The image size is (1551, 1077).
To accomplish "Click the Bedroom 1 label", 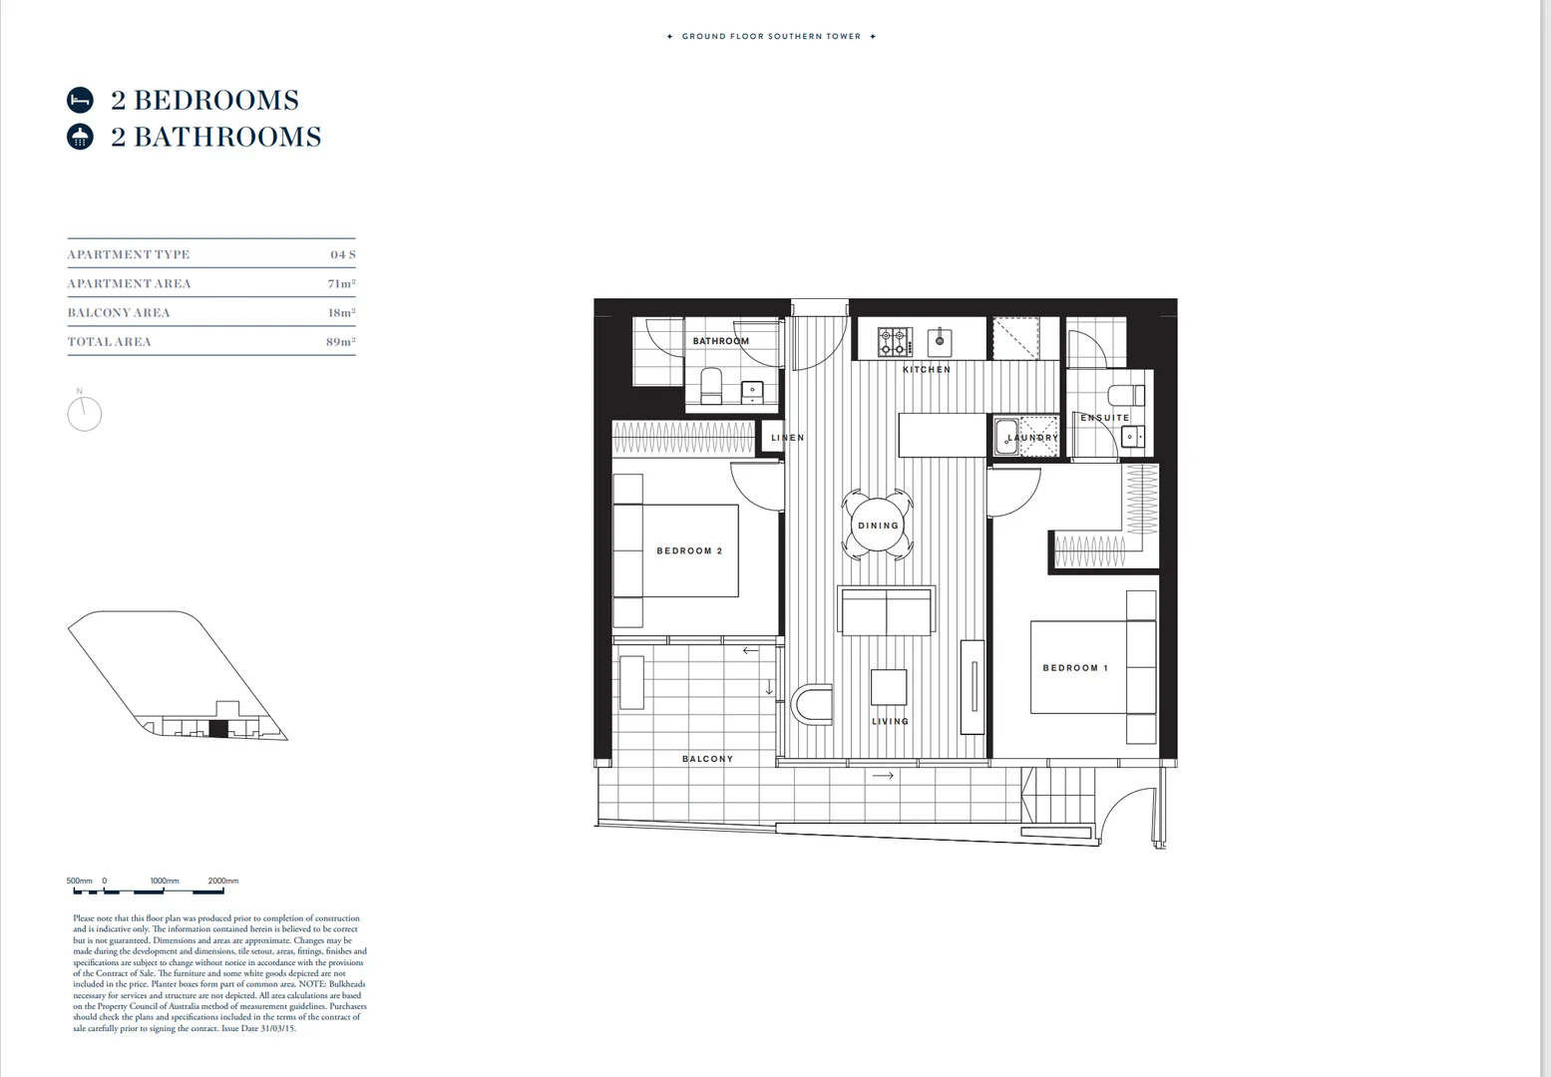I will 1074,668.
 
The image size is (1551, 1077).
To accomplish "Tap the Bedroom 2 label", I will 689,551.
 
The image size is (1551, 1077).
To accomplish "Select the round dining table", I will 878,526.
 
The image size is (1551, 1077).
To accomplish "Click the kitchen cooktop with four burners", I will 895,342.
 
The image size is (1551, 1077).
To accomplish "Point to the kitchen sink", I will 938,342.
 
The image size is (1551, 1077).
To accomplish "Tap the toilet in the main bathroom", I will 711,385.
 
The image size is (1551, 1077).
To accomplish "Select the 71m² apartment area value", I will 341,284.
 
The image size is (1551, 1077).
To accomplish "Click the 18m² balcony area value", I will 341,313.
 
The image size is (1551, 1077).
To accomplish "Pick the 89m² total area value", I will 341,342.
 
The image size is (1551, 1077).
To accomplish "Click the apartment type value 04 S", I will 343,255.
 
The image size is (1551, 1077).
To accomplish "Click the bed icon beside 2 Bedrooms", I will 80,101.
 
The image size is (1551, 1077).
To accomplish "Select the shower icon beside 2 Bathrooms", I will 80,138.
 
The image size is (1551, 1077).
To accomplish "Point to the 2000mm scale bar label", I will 223,881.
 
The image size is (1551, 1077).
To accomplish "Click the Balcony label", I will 707,759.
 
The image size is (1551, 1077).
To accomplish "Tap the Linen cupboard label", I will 787,438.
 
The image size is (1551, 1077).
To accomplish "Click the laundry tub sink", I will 1005,438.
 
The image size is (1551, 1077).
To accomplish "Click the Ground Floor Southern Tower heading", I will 771,37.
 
